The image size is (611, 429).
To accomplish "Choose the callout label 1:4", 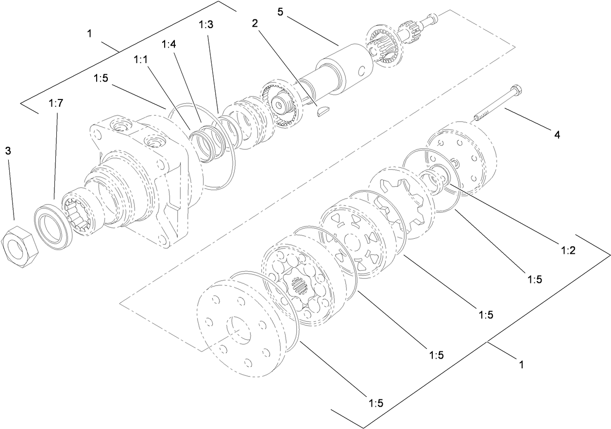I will coord(169,44).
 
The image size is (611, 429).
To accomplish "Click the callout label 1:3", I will coord(205,25).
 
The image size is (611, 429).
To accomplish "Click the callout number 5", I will coord(280,11).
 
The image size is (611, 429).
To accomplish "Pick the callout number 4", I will coord(557,135).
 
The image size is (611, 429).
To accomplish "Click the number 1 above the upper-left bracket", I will coord(89,33).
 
